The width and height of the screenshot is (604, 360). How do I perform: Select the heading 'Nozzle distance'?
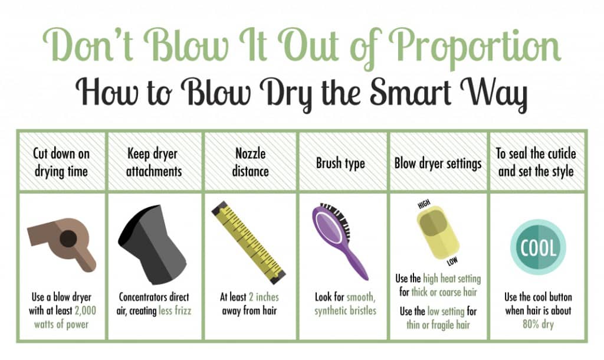tap(251, 162)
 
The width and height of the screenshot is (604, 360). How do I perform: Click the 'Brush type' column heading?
tap(340, 163)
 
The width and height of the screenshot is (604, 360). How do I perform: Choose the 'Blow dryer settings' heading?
tap(438, 163)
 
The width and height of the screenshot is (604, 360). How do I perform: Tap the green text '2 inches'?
tap(264, 297)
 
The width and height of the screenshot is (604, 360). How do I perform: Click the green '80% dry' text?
tap(537, 323)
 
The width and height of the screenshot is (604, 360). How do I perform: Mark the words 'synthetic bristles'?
tap(344, 310)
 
